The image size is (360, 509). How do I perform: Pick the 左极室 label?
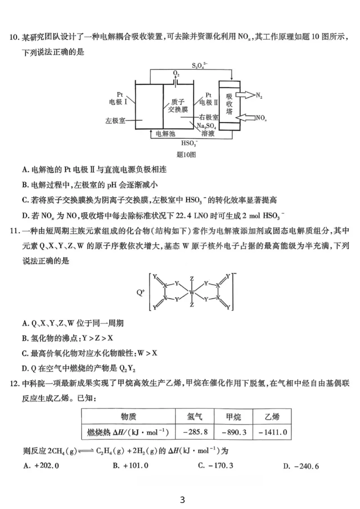[x=115, y=121]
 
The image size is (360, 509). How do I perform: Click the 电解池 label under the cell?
[x=165, y=134]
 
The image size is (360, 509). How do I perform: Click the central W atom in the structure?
[x=192, y=292]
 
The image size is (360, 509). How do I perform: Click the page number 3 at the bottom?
[x=182, y=500]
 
